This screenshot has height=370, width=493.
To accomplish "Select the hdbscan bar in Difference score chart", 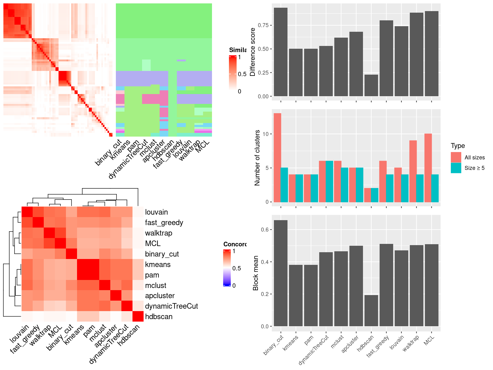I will pyautogui.click(x=371, y=85).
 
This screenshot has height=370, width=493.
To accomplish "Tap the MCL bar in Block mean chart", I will pyautogui.click(x=431, y=285).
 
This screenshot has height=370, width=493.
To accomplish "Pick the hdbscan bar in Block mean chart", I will pyautogui.click(x=371, y=310).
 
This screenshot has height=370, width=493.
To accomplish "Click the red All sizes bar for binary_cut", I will pyautogui.click(x=277, y=158).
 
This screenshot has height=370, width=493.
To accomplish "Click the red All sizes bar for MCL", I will pyautogui.click(x=428, y=168).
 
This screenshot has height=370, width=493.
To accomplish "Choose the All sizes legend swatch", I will pyautogui.click(x=456, y=157).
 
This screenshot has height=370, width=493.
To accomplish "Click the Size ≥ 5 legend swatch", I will pyautogui.click(x=456, y=168).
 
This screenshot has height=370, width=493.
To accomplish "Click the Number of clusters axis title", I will pyautogui.click(x=257, y=158).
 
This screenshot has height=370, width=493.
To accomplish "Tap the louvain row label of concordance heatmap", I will pyautogui.click(x=157, y=212).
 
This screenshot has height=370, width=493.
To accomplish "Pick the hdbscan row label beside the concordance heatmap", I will pyautogui.click(x=159, y=317).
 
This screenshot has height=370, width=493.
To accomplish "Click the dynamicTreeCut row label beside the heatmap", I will pyautogui.click(x=171, y=306).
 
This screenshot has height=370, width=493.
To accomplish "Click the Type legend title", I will pyautogui.click(x=458, y=146).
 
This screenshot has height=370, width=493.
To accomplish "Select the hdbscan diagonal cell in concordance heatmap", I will pyautogui.click(x=138, y=316).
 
